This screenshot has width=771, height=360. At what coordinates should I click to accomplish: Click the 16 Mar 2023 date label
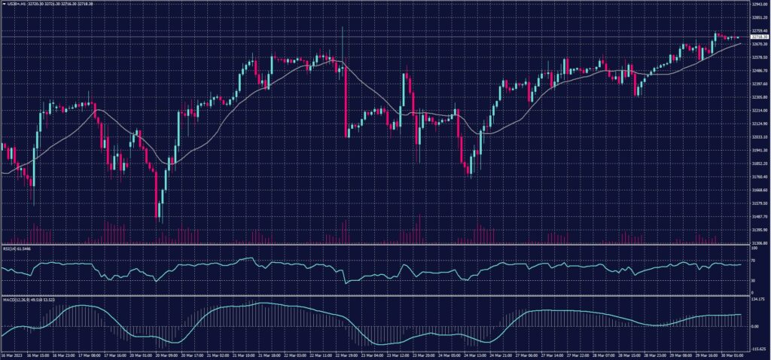tap(13, 355)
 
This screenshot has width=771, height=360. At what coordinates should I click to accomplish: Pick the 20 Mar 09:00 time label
tap(163, 355)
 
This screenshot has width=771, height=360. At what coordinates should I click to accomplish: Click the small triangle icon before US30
tap(3, 4)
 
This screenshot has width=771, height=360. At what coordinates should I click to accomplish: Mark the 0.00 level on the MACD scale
tap(755, 326)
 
